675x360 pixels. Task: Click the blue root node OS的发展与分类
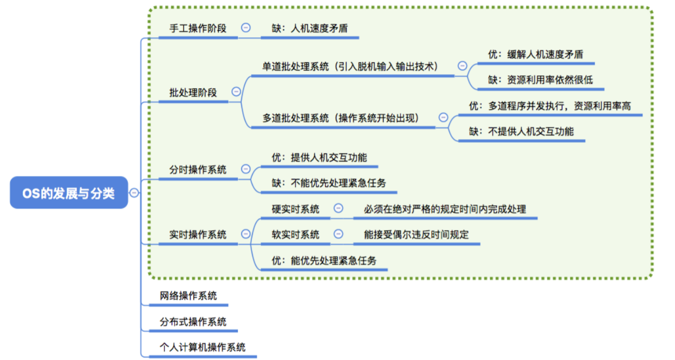pos(69,193)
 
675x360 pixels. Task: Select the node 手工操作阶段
pos(198,28)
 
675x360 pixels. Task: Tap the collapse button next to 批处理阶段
pos(236,92)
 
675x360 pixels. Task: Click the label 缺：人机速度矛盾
pos(309,28)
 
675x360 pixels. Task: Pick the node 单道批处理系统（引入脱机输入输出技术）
pos(351,66)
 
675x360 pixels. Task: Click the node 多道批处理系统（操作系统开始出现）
pos(341,118)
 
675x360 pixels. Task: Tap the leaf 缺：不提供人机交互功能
pos(521,130)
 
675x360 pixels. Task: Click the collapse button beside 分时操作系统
pos(245,169)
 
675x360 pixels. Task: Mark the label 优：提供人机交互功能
pos(319,158)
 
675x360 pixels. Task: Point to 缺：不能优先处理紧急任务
pos(329,183)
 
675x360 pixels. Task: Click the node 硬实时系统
pos(295,208)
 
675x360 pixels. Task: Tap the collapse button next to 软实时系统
pos(339,234)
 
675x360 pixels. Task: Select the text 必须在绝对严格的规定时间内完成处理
pos(445,208)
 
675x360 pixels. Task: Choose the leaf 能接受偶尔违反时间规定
pos(416,234)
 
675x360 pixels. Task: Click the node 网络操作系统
pos(188,296)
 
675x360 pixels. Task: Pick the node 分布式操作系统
pos(193,322)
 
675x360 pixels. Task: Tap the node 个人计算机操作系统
pos(203,347)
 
